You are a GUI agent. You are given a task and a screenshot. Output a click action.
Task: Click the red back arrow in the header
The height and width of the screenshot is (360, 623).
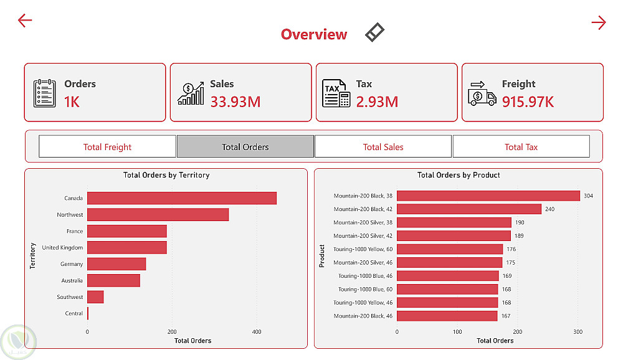coord(25,21)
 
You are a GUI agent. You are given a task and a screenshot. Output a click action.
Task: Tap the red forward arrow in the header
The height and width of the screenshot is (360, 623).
coord(598,23)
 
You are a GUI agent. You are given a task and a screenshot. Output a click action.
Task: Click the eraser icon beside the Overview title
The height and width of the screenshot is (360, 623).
coord(374,32)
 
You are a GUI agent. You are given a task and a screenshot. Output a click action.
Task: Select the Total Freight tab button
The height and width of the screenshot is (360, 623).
coord(107,147)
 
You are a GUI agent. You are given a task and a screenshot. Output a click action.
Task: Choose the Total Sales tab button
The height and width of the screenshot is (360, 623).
coord(383,147)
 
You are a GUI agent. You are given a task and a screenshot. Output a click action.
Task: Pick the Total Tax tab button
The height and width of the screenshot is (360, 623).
coord(521,147)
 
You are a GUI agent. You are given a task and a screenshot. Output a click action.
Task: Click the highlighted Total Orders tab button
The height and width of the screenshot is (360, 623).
coord(245,147)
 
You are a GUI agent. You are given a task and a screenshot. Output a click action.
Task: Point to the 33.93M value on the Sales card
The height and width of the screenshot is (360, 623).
coord(235,102)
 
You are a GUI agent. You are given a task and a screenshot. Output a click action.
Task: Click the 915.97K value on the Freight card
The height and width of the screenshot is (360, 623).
coord(528,102)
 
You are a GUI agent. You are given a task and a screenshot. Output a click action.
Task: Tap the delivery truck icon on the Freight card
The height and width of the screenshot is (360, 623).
coord(482,93)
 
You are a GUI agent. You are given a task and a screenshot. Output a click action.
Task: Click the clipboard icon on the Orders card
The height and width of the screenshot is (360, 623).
coord(44,93)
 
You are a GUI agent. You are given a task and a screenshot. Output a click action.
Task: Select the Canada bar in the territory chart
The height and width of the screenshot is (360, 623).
coord(182,198)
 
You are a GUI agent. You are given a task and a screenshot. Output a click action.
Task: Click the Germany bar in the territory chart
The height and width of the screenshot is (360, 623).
coord(117,264)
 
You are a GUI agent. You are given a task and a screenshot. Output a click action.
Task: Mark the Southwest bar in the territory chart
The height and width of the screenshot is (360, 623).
coord(95,297)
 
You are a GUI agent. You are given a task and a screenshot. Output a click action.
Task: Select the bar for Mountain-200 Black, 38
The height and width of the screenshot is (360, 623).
coord(488,196)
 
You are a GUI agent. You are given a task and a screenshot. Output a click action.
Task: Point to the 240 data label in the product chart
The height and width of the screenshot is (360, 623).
coord(549,209)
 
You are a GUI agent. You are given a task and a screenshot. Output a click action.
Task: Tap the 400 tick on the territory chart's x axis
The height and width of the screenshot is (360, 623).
coord(257,332)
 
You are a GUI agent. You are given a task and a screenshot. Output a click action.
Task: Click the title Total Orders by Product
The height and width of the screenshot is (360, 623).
coord(459,175)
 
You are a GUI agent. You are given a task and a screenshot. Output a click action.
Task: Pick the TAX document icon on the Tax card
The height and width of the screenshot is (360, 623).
coord(336,93)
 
